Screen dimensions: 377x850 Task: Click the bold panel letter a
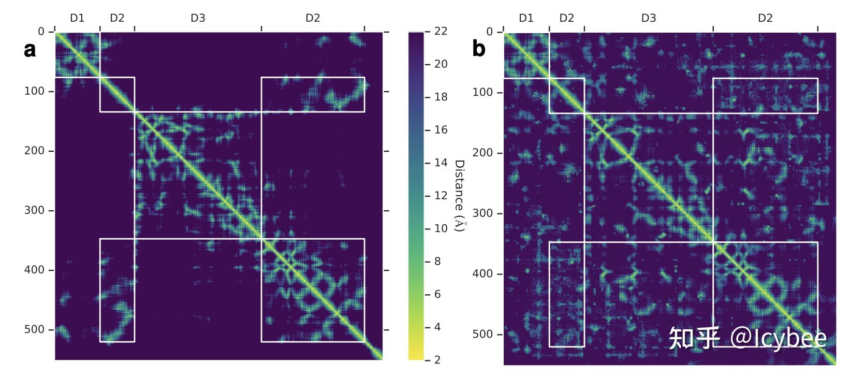coord(30,50)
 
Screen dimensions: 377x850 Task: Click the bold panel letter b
coord(479,49)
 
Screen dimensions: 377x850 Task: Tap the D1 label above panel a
coord(77,18)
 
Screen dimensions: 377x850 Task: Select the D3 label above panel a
coord(198,18)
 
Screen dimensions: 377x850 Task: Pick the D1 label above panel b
coord(526,18)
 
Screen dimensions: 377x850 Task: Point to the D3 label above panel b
coord(649,18)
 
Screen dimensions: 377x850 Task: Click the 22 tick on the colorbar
coord(441,31)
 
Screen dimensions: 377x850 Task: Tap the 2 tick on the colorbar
coord(437,360)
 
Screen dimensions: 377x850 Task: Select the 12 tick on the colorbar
coord(441,196)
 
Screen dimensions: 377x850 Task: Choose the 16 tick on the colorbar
coord(441,130)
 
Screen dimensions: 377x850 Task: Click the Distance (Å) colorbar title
coord(459,196)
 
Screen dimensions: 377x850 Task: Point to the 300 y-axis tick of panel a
coord(34,211)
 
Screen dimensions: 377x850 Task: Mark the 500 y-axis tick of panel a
coord(34,330)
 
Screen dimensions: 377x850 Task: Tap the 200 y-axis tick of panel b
coord(482,153)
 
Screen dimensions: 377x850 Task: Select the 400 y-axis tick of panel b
coord(482,274)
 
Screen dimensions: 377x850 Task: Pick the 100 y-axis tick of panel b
coord(482,93)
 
